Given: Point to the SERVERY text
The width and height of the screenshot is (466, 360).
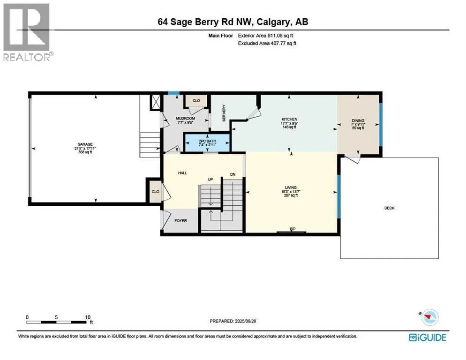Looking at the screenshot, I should click(225, 113).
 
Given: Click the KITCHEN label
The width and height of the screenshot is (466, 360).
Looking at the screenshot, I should click(289, 120).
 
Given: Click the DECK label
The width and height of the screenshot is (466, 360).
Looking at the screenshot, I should click(389, 208).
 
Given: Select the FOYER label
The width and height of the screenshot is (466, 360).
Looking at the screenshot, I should click(181, 219).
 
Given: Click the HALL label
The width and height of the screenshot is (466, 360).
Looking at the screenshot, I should click(182, 173).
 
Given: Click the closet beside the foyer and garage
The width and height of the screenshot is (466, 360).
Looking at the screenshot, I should click(155, 192).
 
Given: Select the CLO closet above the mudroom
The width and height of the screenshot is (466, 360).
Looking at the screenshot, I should click(196, 100).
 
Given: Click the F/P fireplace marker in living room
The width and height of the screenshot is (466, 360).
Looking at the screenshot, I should click(293, 229).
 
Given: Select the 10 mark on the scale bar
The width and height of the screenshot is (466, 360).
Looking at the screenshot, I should click(87, 317).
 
